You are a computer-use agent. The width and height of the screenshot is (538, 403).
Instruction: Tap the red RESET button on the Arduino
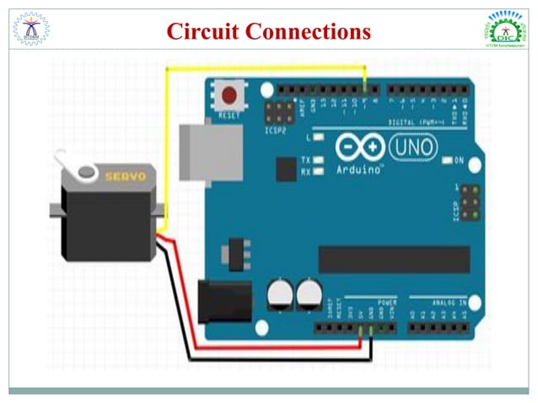[229, 94]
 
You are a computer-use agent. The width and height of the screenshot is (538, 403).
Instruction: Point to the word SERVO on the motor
[125, 176]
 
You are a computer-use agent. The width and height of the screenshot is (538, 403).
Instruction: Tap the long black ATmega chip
[393, 260]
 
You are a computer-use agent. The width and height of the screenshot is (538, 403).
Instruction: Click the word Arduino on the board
[358, 169]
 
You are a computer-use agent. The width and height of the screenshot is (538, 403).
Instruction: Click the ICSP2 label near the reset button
[274, 132]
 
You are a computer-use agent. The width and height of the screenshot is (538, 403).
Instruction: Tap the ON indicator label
[460, 159]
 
